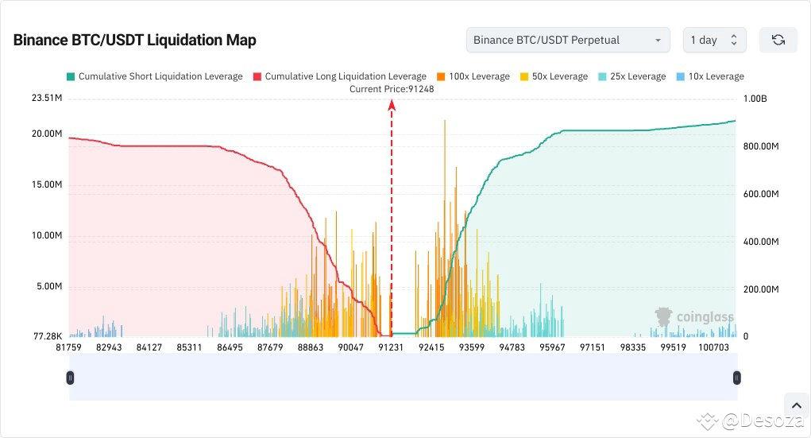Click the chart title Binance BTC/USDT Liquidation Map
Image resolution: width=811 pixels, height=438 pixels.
pyautogui.click(x=134, y=40)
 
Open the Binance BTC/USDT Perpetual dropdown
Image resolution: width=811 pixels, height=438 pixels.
pyautogui.click(x=567, y=40)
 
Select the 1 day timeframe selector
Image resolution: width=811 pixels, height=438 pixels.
pyautogui.click(x=713, y=40)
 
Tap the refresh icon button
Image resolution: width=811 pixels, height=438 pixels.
pyautogui.click(x=778, y=40)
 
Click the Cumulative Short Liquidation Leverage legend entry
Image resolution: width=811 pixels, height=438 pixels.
pyautogui.click(x=154, y=76)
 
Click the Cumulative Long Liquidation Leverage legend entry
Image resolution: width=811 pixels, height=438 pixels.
pyautogui.click(x=339, y=76)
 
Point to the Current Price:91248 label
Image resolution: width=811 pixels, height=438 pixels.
pyautogui.click(x=392, y=89)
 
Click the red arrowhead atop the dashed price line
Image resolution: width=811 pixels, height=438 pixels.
pyautogui.click(x=391, y=104)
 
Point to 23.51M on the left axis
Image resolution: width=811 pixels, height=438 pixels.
pyautogui.click(x=47, y=99)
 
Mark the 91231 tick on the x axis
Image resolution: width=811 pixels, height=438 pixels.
pyautogui.click(x=391, y=347)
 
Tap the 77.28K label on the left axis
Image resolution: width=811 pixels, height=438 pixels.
pyautogui.click(x=47, y=337)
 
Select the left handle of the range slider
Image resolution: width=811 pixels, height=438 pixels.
pyautogui.click(x=70, y=378)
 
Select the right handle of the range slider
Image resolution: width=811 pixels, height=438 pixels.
pyautogui.click(x=737, y=378)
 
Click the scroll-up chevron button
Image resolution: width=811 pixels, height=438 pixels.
pyautogui.click(x=795, y=405)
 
